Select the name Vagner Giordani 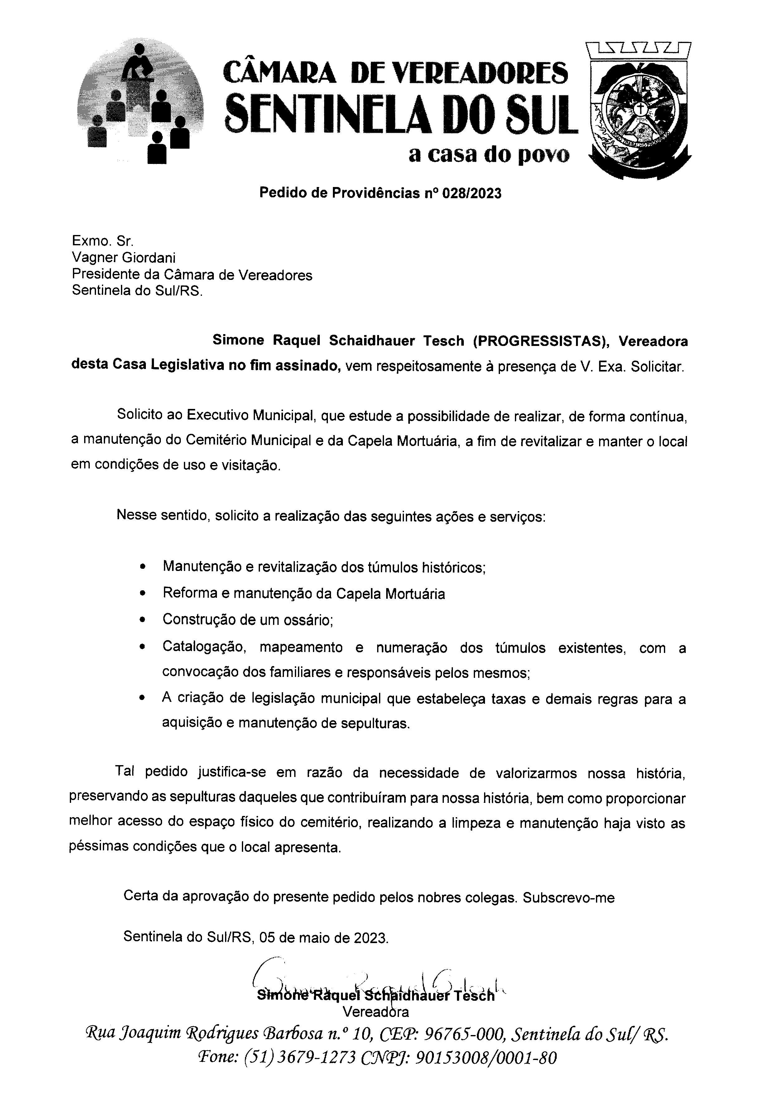[123, 258]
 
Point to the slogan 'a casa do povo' [489, 155]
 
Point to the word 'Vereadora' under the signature [376, 1011]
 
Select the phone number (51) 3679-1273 [299, 1057]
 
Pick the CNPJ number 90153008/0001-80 [486, 1057]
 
